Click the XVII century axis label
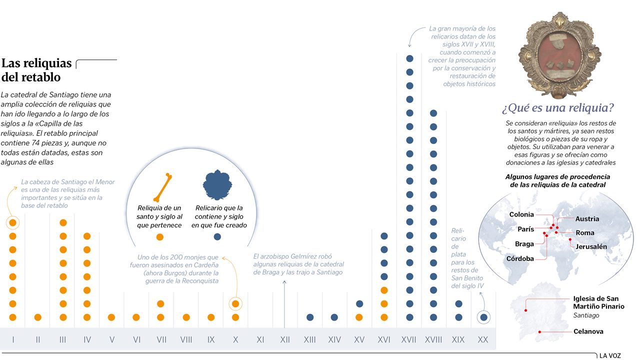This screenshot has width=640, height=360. click(408, 340)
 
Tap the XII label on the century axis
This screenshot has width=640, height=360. click(285, 340)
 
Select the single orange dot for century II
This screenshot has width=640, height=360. click(37, 317)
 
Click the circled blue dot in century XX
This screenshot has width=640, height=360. click(483, 317)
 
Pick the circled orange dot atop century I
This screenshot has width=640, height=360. click(13, 222)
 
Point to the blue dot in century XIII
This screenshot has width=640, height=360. click(310, 317)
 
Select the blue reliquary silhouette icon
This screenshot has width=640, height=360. click(217, 185)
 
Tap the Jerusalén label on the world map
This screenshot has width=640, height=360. click(591, 246)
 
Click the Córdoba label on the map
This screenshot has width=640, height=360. click(520, 258)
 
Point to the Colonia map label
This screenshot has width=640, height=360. click(521, 214)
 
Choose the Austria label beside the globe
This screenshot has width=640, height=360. click(587, 219)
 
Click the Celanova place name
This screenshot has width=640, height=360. click(588, 331)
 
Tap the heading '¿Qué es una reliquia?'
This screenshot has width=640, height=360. click(557, 108)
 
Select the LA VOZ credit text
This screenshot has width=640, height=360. click(610, 355)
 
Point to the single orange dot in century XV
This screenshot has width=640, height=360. click(359, 317)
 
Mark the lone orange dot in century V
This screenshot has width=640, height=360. click(111, 317)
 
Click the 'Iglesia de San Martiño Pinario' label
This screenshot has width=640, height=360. click(598, 302)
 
